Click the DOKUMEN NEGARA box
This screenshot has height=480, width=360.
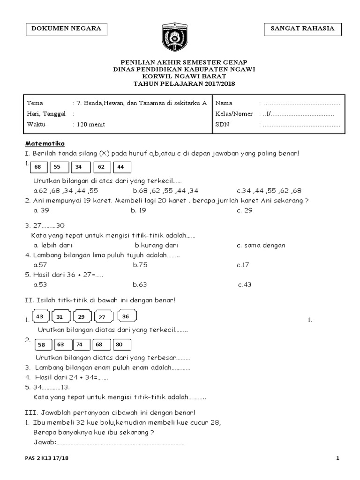click(66, 29)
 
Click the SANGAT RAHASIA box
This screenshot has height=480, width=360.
click(302, 29)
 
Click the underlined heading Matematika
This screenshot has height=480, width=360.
click(45, 143)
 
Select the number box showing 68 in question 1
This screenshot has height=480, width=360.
click(38, 167)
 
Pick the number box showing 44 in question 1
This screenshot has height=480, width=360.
click(121, 167)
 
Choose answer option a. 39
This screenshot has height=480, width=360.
click(41, 210)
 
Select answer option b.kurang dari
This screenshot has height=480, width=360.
click(156, 245)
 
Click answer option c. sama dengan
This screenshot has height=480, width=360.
click(261, 245)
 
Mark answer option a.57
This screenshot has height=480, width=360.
click(40, 265)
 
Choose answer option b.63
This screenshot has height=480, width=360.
click(140, 284)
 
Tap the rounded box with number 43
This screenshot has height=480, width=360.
click(40, 317)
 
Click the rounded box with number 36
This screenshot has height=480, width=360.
click(125, 317)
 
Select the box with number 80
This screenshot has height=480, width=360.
click(121, 345)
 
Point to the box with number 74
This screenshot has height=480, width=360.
click(79, 345)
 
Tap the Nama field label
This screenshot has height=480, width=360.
click(223, 103)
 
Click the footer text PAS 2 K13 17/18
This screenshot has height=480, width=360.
click(47, 458)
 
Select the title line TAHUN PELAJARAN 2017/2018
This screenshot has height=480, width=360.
click(184, 83)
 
